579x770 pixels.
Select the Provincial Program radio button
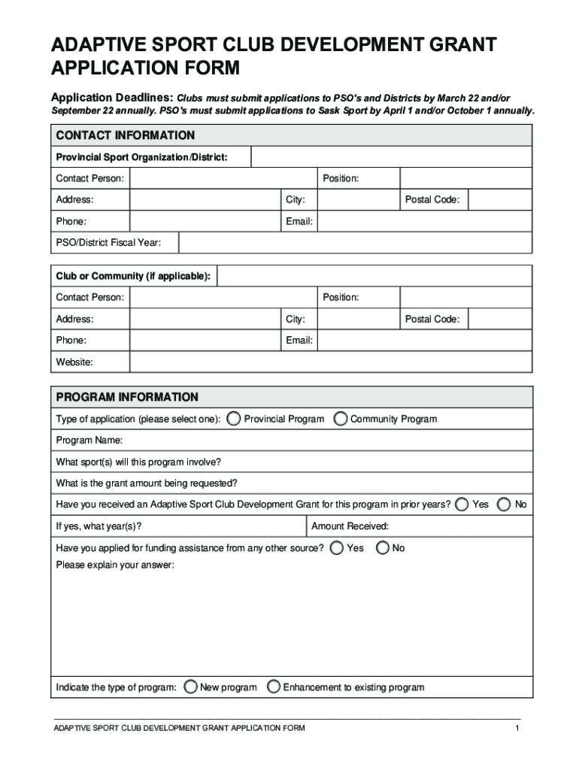(235, 418)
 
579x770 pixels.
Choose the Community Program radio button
(341, 418)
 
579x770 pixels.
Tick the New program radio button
(192, 687)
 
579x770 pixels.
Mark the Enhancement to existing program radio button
(274, 687)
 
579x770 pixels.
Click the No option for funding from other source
(383, 547)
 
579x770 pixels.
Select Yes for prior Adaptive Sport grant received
(462, 504)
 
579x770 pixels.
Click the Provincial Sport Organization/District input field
(391, 156)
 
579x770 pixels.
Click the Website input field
(331, 362)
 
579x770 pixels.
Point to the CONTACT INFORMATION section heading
(126, 135)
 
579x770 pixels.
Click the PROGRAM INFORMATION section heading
(127, 397)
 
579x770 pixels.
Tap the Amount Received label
(350, 526)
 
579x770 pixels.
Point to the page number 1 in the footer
(517, 729)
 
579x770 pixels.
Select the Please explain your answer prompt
(115, 565)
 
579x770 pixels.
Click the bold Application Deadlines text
(112, 99)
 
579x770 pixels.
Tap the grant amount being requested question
(147, 483)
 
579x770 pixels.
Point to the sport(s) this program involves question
(138, 461)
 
